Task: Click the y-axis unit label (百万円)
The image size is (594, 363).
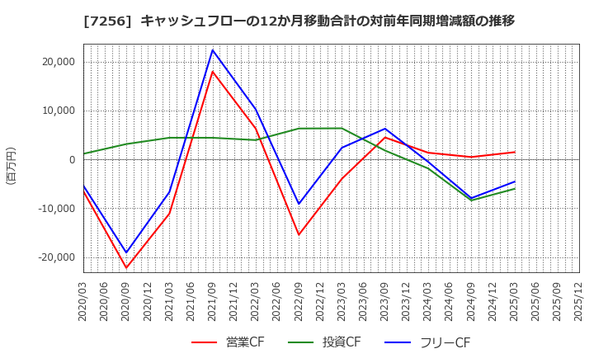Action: point(11,165)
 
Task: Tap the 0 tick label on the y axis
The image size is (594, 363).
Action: point(71,160)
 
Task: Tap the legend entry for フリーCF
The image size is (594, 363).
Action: point(429,343)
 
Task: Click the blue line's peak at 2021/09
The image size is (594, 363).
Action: point(213,49)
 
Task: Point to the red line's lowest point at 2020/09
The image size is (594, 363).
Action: point(126,267)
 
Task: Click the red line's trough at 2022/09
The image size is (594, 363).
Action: point(299,234)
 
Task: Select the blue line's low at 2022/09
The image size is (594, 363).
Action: point(299,204)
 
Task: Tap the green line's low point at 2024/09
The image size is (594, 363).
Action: point(471,200)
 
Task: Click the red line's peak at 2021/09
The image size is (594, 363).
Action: point(213,72)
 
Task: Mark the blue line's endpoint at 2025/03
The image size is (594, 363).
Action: point(514,181)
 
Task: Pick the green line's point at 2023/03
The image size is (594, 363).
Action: point(342,128)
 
